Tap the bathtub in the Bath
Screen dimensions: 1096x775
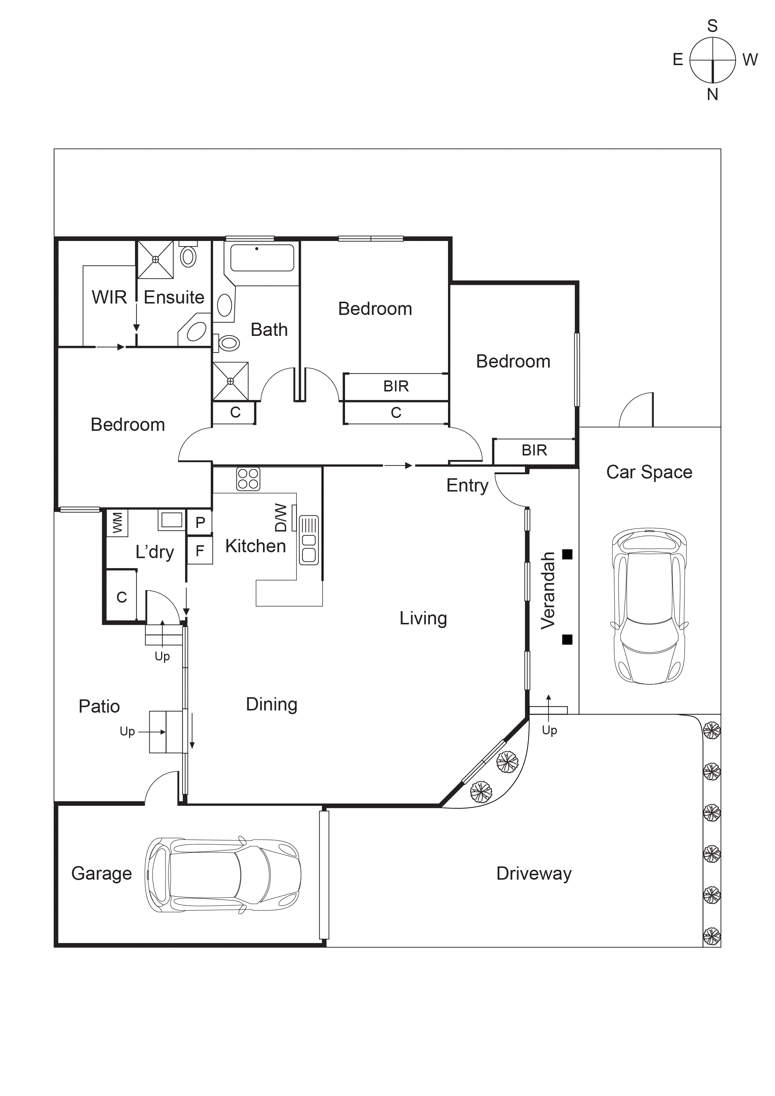click(262, 258)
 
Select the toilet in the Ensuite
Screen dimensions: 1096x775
click(188, 256)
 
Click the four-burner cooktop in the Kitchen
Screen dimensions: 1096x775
click(248, 479)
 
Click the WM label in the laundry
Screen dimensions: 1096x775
click(117, 523)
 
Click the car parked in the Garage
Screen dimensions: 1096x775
click(223, 875)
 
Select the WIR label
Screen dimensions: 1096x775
click(109, 297)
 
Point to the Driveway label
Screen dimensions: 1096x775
click(534, 873)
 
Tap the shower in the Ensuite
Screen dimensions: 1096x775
click(155, 260)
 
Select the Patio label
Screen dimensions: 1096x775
click(99, 706)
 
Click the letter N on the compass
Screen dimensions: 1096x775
click(712, 95)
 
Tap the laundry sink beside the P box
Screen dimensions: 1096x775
click(171, 520)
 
